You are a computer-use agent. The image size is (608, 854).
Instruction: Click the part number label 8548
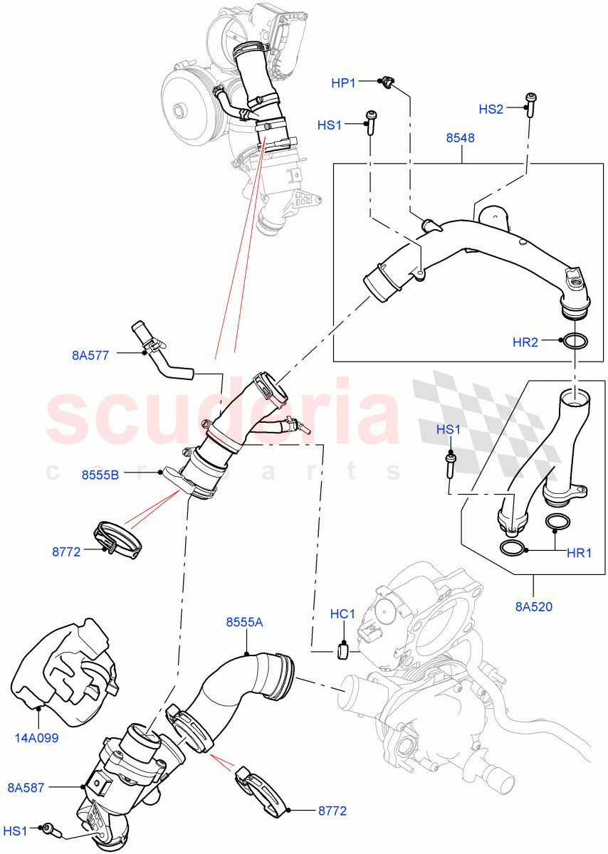coord(460,138)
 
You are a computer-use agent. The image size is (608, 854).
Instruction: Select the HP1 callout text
coord(343,83)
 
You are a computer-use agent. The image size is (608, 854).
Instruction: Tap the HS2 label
coord(491,109)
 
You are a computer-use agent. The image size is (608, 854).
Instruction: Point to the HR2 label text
coord(525,342)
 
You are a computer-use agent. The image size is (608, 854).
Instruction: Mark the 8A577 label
coord(90,354)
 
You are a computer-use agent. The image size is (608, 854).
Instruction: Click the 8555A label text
coord(244,622)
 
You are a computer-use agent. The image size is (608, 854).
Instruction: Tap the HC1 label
coord(342,613)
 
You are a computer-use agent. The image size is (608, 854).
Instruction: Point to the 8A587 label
coord(27,786)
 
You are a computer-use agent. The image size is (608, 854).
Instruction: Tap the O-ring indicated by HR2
coord(575,342)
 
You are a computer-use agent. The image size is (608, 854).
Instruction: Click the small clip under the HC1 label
coord(342,648)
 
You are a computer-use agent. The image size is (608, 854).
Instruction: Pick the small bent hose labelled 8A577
coord(162,349)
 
